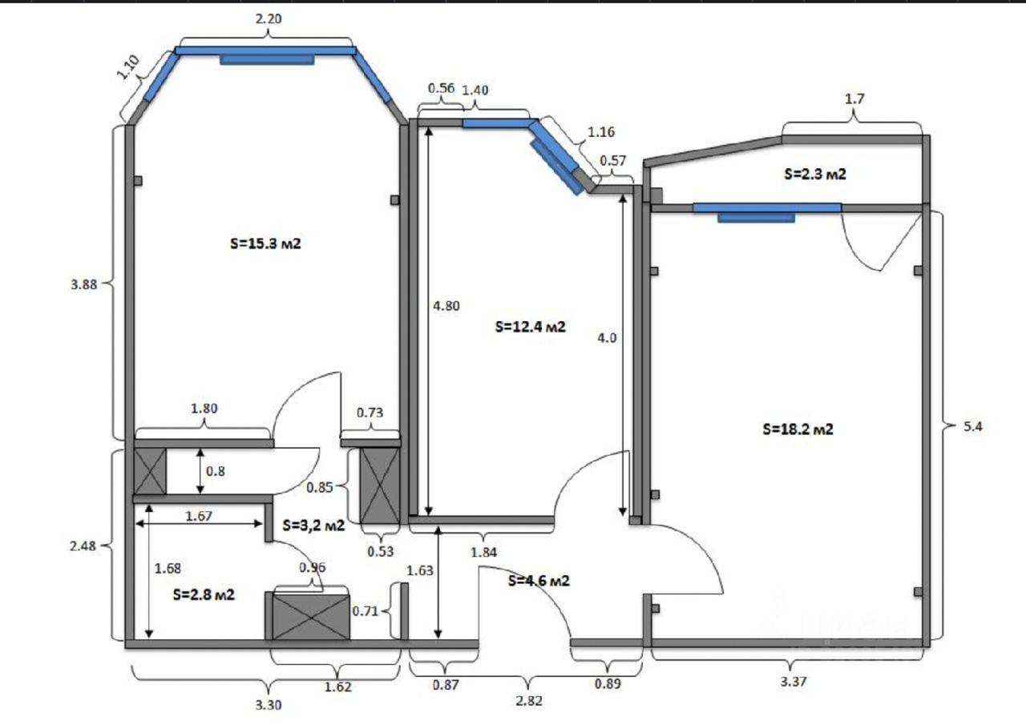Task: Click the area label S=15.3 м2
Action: (265, 244)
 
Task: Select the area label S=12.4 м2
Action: (531, 327)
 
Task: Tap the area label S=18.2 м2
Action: (798, 429)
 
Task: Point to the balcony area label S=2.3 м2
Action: (815, 174)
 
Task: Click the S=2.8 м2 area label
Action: (204, 594)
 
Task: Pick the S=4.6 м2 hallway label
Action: (539, 581)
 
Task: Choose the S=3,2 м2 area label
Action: (313, 525)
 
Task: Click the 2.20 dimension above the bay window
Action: (269, 18)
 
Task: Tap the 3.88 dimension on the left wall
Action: (84, 284)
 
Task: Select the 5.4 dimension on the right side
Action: (973, 426)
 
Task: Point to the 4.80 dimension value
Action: (446, 305)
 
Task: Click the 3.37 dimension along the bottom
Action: (794, 682)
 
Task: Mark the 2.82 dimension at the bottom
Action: (528, 701)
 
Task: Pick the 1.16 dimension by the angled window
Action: (601, 132)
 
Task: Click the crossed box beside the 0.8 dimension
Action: (150, 471)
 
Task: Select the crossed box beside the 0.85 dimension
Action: (379, 485)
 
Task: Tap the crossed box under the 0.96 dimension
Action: (310, 617)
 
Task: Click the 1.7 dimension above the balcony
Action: (854, 99)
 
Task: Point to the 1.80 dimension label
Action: (204, 409)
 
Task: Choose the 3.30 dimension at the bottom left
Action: (268, 705)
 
